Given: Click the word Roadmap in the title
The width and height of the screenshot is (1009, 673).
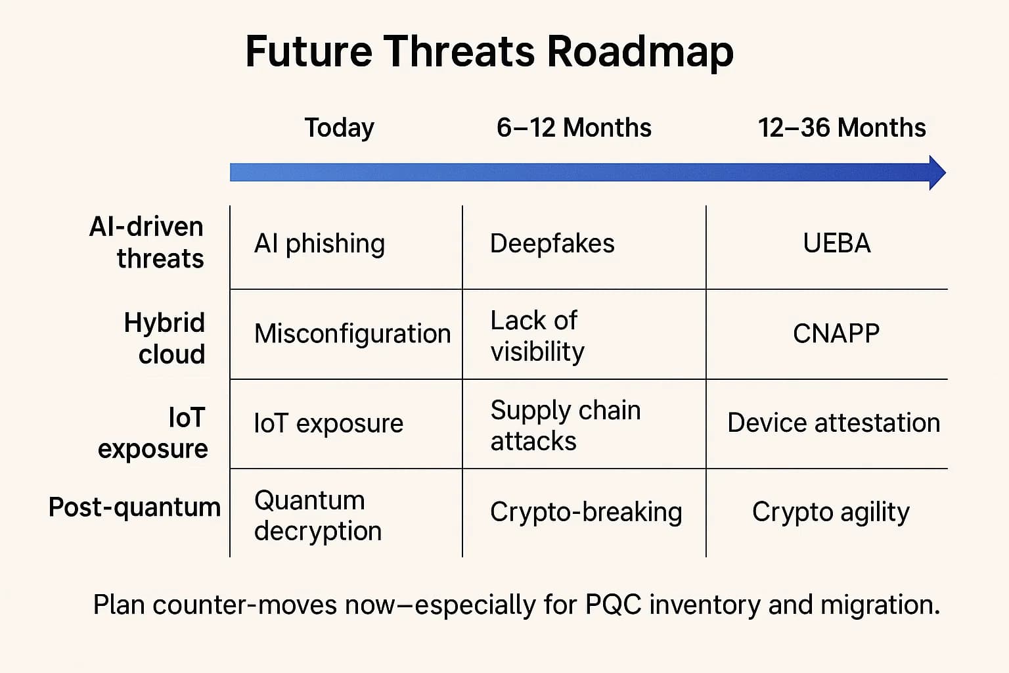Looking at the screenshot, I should [x=640, y=52].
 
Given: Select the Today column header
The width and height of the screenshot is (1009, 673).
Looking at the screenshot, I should [x=339, y=128].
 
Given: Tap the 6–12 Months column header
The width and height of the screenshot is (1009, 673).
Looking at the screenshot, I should [x=573, y=128].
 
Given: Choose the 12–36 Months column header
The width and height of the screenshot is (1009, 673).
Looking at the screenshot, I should [x=841, y=128].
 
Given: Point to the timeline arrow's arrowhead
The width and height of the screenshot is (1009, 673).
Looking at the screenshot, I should [x=937, y=173].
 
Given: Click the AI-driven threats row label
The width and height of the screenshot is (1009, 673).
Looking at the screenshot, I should [x=147, y=243].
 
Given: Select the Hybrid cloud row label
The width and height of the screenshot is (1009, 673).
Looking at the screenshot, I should [x=165, y=338].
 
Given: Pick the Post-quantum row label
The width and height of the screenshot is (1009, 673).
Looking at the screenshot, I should [x=135, y=507].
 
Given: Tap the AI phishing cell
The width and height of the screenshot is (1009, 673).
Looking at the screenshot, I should [x=319, y=244].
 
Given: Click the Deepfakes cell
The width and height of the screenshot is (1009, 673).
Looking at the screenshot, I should [x=552, y=244].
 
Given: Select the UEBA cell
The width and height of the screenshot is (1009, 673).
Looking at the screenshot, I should [x=836, y=244].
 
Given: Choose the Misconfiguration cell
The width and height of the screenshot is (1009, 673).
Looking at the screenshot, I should [x=352, y=334].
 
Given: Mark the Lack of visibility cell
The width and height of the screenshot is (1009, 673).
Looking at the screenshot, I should [x=537, y=336].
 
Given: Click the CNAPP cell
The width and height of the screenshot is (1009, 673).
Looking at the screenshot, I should [x=836, y=334].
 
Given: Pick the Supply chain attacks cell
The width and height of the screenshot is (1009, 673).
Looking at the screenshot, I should [x=565, y=425].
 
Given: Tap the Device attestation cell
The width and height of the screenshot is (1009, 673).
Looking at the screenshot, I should [x=834, y=423].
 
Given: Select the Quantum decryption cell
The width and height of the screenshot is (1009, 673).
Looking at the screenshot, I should [x=317, y=515].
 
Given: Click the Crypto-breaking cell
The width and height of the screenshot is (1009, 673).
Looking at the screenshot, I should [x=585, y=512].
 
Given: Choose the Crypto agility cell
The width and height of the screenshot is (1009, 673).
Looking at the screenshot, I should [x=830, y=512].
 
